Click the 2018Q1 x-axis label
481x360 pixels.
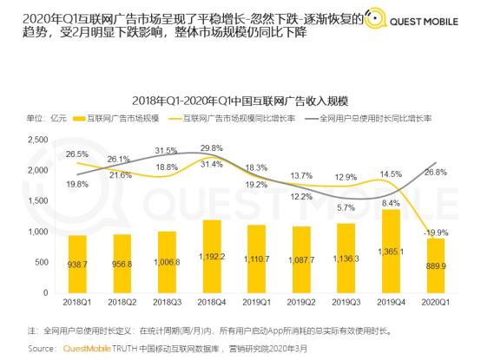78,304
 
